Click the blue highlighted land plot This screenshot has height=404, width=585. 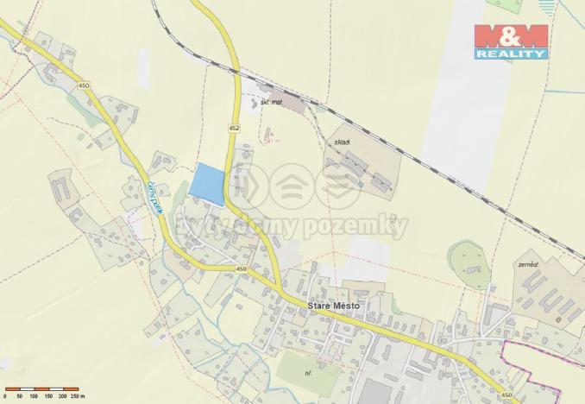[208, 184]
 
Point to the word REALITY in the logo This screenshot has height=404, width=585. [510, 54]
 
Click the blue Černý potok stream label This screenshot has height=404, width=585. [154, 198]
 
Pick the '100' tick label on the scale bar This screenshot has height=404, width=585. [34, 395]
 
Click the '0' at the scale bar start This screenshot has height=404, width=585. [5, 395]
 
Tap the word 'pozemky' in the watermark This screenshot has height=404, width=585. [365, 227]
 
